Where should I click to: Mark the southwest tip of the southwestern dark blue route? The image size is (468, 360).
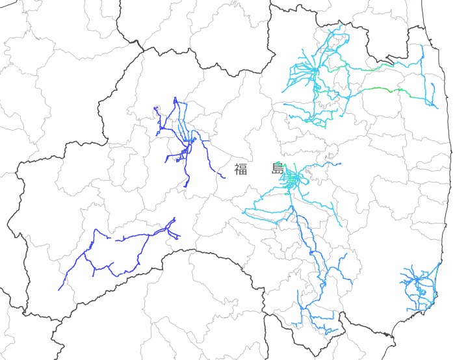(59, 290)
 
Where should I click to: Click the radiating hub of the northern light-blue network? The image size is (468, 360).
(315, 70)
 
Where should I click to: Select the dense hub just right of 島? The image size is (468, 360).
(293, 177)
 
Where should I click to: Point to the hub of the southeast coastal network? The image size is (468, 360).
(417, 280)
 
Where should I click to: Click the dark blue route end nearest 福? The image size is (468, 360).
(224, 177)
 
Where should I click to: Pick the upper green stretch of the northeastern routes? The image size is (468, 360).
(354, 67)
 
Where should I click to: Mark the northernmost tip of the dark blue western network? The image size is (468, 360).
(175, 98)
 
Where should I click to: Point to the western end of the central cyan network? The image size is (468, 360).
(244, 212)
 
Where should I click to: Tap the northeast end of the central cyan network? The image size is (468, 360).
(339, 163)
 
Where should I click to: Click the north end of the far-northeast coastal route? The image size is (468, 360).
(422, 46)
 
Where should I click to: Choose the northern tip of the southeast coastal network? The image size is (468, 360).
(440, 263)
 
